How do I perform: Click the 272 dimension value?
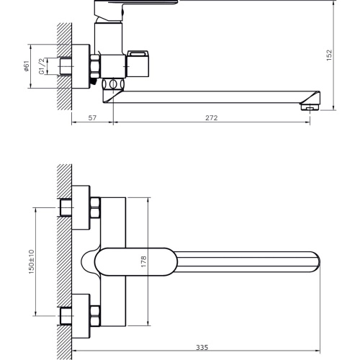tap(212, 118)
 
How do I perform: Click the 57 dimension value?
tap(92, 118)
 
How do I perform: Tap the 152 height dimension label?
tap(329, 55)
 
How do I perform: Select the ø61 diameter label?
tap(26, 66)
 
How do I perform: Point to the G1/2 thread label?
tap(42, 66)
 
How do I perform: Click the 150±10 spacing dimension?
tap(32, 262)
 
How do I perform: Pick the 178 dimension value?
tap(143, 261)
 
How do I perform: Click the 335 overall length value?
tap(202, 347)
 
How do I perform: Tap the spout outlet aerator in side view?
tap(310, 107)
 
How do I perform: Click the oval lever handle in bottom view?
tap(136, 262)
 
